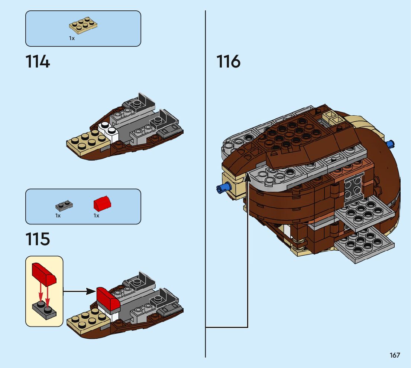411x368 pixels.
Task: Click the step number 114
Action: (x=38, y=62)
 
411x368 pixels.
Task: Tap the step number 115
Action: (x=38, y=239)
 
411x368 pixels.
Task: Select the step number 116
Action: (x=228, y=62)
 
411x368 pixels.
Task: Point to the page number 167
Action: (x=395, y=355)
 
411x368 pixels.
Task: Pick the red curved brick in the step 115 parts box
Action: (x=102, y=203)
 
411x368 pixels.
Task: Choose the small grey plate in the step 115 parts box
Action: (x=64, y=204)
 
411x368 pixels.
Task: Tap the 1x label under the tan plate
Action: (x=72, y=38)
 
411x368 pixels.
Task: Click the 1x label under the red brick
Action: (x=96, y=216)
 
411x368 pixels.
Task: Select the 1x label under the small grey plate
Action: (x=58, y=216)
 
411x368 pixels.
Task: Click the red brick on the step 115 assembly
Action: (x=108, y=298)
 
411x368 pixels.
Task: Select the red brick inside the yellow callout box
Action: (x=43, y=274)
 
